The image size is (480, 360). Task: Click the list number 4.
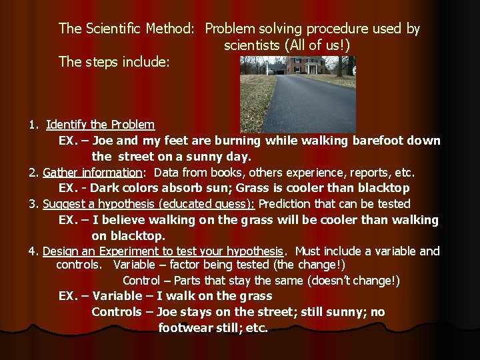32,251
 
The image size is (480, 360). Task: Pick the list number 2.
33,173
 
